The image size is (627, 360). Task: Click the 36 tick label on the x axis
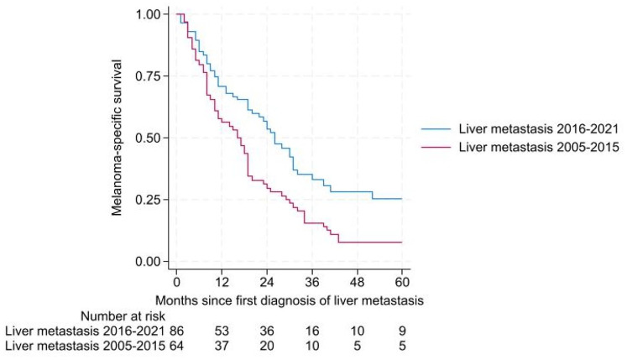pyautogui.click(x=312, y=283)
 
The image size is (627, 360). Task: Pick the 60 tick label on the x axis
pyautogui.click(x=402, y=283)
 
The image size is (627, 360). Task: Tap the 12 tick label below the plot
pyautogui.click(x=222, y=283)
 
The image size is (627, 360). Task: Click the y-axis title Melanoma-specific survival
pyautogui.click(x=117, y=138)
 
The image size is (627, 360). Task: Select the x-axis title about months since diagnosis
pyautogui.click(x=289, y=300)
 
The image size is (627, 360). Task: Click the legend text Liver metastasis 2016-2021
pyautogui.click(x=539, y=128)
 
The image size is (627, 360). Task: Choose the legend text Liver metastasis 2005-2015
pyautogui.click(x=539, y=147)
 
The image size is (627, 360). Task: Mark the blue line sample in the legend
pyautogui.click(x=436, y=129)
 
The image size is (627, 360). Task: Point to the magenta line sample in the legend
pyautogui.click(x=436, y=147)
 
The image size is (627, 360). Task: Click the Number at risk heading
pyautogui.click(x=123, y=316)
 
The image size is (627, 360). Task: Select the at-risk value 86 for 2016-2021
pyautogui.click(x=176, y=331)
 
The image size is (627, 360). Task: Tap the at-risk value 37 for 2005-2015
pyautogui.click(x=222, y=345)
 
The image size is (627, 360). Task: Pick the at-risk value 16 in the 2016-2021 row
pyautogui.click(x=312, y=331)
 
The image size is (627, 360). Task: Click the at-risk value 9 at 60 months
pyautogui.click(x=402, y=331)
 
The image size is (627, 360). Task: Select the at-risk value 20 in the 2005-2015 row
pyautogui.click(x=267, y=345)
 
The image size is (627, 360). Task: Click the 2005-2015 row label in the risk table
pyautogui.click(x=85, y=345)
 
